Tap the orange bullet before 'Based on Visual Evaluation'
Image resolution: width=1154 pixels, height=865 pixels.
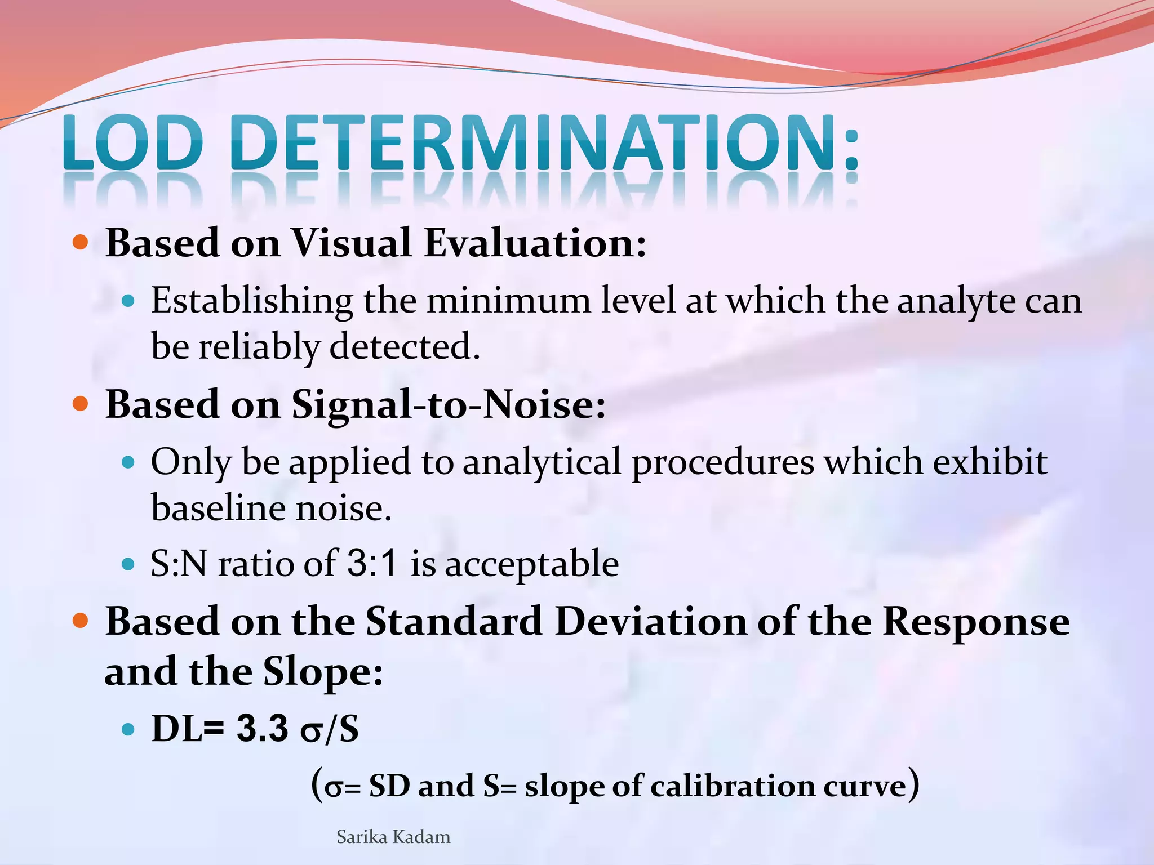click(x=81, y=243)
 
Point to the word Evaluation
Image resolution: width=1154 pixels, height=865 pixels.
click(x=535, y=243)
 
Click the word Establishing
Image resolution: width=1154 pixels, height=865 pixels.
click(x=252, y=301)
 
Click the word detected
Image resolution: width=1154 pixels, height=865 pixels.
click(x=405, y=346)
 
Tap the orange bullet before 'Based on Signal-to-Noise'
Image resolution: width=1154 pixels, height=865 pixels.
click(x=81, y=404)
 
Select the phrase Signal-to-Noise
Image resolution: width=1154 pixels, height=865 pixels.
click(x=449, y=404)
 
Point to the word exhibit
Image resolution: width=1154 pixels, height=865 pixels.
click(x=990, y=462)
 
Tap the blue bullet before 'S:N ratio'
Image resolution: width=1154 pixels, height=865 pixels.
click(x=128, y=563)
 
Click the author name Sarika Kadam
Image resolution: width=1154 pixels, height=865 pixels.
click(x=393, y=837)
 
